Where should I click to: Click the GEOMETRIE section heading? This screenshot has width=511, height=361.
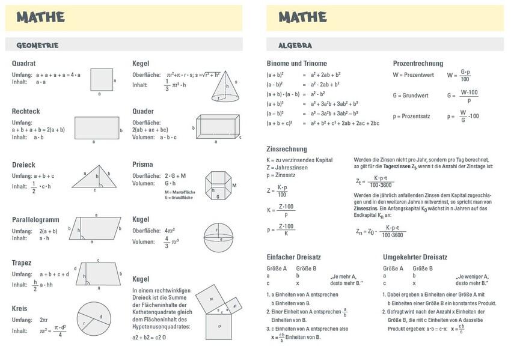(37, 45)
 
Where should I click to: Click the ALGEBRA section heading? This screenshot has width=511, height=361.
(295, 45)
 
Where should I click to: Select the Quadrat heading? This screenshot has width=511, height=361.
(24, 63)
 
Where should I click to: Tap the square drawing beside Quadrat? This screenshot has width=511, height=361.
(102, 79)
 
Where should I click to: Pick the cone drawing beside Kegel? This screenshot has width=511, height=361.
(222, 86)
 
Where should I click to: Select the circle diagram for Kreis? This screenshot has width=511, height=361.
(93, 318)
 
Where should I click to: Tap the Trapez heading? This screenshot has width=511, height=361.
(22, 263)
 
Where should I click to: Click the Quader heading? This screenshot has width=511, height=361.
(143, 111)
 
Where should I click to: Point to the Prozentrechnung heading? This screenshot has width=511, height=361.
(418, 63)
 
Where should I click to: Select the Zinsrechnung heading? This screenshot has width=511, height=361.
(287, 149)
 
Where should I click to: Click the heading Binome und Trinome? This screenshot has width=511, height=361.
(297, 63)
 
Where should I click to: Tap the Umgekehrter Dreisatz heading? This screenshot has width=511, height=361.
(415, 256)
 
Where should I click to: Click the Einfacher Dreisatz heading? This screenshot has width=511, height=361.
(294, 256)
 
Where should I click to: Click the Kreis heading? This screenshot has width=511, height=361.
(19, 308)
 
